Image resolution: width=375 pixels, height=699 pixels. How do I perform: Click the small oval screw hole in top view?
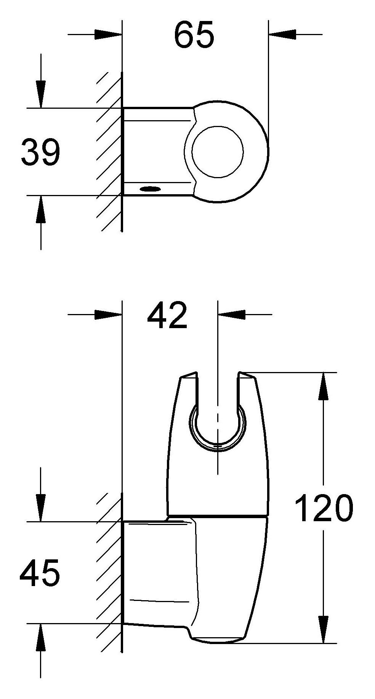150,188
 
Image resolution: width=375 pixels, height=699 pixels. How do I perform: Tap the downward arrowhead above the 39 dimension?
41,94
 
